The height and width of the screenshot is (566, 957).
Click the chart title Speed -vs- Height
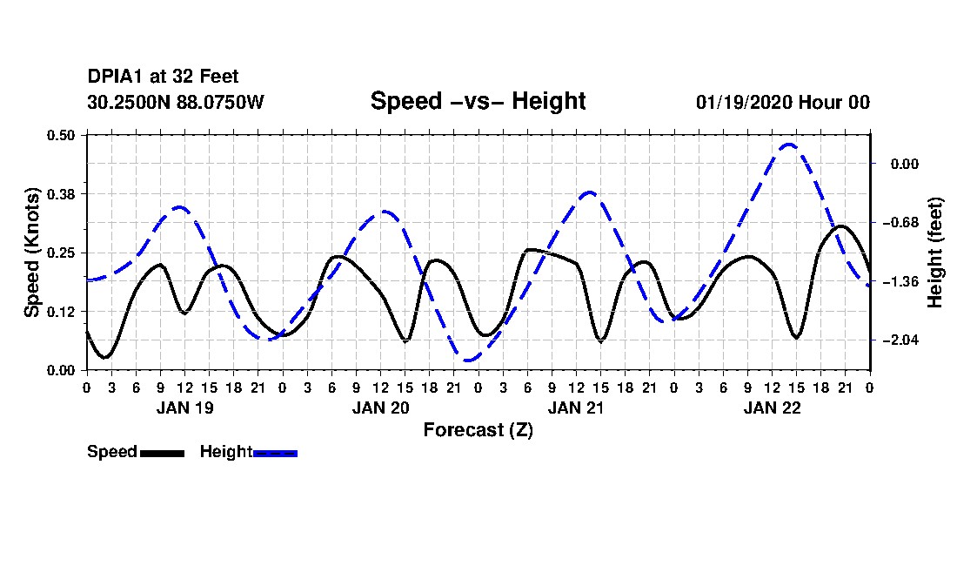[x=478, y=101]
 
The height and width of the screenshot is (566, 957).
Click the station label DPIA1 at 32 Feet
[x=163, y=77]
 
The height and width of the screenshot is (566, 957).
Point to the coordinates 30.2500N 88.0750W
[x=176, y=102]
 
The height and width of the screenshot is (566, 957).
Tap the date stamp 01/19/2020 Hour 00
[x=783, y=102]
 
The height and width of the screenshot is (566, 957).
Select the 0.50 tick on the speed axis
[x=61, y=135]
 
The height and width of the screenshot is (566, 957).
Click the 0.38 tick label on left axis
[x=61, y=194]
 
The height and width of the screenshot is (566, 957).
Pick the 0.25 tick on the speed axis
[x=61, y=253]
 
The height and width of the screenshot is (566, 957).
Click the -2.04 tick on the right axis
[x=900, y=340]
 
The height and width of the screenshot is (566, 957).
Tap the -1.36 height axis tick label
[x=900, y=281]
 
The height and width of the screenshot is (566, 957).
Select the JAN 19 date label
[x=185, y=408]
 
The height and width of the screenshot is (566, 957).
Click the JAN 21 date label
[x=576, y=408]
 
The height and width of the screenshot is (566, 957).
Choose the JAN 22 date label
[x=772, y=408]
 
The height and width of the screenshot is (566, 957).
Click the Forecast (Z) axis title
[x=478, y=430]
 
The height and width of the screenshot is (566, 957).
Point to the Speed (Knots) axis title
[x=31, y=253]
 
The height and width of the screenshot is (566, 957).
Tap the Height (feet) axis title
[x=934, y=253]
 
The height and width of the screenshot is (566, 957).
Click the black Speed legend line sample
[x=163, y=453]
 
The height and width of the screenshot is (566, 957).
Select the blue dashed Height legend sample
[x=275, y=453]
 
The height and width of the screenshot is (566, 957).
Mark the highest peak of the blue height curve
[x=788, y=145]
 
